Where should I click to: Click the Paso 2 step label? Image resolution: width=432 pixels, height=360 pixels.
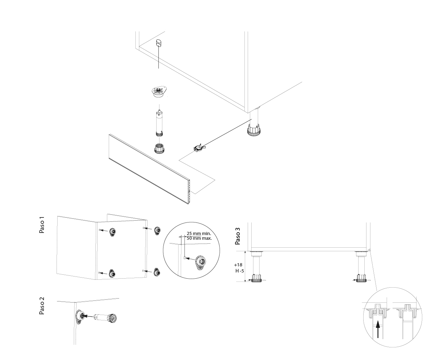coord(42,306)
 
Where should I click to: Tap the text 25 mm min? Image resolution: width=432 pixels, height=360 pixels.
coord(199,234)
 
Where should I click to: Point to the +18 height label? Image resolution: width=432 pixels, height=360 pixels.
coord(238,265)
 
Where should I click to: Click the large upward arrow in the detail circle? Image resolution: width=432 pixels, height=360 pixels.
coord(378,329)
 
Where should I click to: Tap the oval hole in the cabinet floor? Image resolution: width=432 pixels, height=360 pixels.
coord(158,44)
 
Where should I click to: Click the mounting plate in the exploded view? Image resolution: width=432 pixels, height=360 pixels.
coord(158,91)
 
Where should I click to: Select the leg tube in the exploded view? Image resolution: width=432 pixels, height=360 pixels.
coord(158,122)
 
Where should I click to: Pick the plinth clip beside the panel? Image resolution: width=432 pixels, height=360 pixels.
coord(198,148)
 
